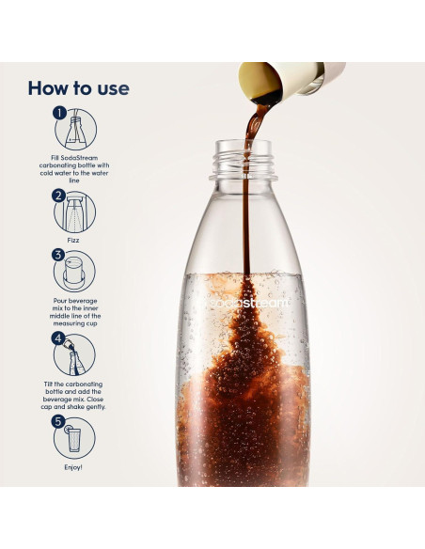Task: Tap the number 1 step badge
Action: (58, 113)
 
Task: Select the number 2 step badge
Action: (58, 196)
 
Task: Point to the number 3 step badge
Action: (58, 255)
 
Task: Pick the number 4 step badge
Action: (58, 337)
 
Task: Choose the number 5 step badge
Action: (58, 422)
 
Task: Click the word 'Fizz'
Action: (73, 239)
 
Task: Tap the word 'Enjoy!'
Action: (73, 466)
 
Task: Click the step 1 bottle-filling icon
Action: (75, 129)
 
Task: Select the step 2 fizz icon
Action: (75, 212)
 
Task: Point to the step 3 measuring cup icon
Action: (75, 272)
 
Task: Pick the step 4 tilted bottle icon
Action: (75, 355)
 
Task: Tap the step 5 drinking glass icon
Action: (75, 439)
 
